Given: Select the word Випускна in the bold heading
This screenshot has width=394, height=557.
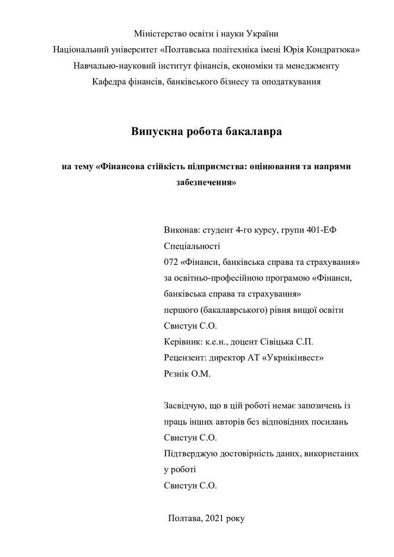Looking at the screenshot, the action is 156,131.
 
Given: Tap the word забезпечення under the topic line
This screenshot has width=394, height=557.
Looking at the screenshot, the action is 206,183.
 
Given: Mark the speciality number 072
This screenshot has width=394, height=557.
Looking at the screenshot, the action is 171,262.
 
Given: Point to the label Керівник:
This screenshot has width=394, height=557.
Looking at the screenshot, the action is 183,342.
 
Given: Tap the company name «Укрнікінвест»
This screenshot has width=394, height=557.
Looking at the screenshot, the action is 294,358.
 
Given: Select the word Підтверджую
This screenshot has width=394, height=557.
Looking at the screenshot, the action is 188,453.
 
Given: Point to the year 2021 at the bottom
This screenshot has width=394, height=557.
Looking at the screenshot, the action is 216,518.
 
